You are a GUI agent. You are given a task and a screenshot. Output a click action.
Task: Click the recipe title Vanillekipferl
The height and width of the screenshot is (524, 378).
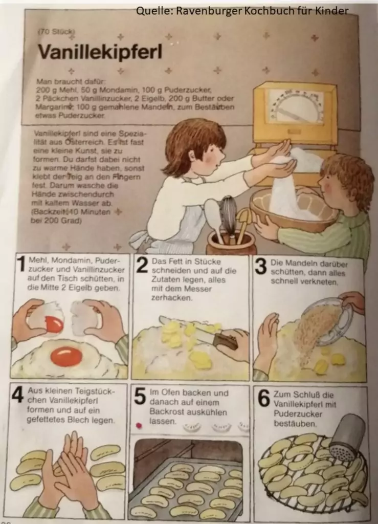point(100,52)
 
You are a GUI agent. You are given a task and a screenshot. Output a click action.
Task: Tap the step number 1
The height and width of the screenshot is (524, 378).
point(21,265)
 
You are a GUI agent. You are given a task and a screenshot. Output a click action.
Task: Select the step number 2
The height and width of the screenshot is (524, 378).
point(142,266)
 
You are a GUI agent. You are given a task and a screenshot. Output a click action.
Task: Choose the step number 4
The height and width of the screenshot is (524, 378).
point(17,395)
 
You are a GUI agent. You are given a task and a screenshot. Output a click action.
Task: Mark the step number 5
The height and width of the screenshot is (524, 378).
point(140,396)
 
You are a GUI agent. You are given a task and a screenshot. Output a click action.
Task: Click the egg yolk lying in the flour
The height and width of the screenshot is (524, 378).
point(66,356)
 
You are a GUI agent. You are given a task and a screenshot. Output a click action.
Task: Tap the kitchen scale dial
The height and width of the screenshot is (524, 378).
point(296,105)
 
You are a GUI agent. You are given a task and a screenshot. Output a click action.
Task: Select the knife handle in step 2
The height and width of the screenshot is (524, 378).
point(226,340)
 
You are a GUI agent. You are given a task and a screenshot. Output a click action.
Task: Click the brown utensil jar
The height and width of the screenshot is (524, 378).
point(231,243)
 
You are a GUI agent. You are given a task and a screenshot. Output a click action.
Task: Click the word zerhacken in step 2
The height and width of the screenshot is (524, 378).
point(172,298)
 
